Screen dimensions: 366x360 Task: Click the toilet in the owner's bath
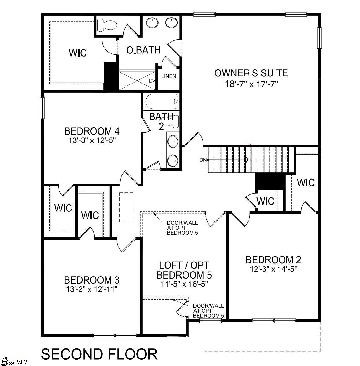(106, 25)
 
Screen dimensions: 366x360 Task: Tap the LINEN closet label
(168, 76)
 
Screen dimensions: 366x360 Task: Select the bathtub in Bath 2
(162, 101)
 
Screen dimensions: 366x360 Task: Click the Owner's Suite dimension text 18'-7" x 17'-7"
(251, 84)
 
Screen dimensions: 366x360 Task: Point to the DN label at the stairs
(203, 160)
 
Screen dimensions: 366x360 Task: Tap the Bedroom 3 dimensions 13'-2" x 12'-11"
(92, 289)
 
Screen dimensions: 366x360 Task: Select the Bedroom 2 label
(273, 260)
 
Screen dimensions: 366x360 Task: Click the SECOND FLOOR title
(99, 354)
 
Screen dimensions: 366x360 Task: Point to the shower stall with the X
(137, 80)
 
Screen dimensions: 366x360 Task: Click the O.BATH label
(143, 50)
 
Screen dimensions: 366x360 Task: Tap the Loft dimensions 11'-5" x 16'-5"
(184, 284)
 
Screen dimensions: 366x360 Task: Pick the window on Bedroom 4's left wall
(42, 108)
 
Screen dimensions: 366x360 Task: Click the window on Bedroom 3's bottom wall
(115, 335)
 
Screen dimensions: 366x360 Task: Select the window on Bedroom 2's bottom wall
(274, 320)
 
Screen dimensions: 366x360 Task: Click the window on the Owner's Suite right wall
(320, 38)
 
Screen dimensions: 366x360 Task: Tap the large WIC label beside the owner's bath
(78, 53)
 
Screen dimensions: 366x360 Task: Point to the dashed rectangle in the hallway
(126, 207)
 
